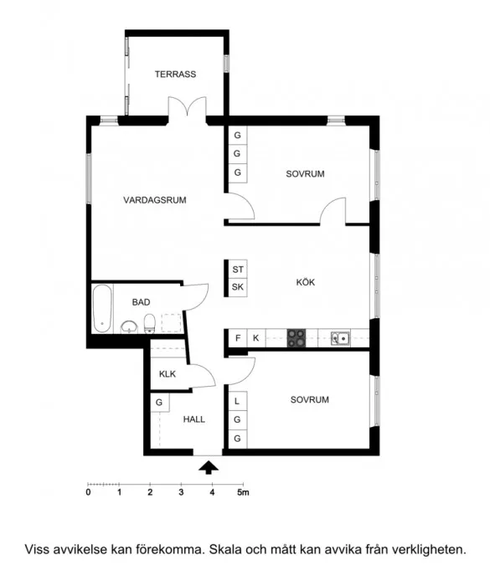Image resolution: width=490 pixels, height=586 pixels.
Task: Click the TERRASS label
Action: (175, 74)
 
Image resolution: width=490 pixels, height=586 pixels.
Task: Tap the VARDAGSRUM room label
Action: (155, 200)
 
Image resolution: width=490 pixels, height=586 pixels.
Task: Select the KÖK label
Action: (306, 282)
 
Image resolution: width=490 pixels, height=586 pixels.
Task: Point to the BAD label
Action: (141, 302)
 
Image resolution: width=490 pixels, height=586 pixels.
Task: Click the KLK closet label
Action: (168, 374)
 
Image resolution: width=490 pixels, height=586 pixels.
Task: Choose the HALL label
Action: (194, 419)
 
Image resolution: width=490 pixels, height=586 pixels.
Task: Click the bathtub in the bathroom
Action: (102, 309)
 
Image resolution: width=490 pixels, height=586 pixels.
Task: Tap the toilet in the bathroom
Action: (150, 323)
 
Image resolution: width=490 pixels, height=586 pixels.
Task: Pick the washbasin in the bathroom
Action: (129, 327)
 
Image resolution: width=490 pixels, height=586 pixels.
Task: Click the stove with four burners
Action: (297, 338)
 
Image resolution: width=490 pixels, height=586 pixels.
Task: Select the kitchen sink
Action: (340, 338)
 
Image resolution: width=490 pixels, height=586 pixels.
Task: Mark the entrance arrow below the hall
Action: (209, 467)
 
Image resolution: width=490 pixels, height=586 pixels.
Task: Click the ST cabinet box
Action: (238, 269)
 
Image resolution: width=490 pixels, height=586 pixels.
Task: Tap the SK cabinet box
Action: (238, 287)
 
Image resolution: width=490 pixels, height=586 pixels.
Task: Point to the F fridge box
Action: (238, 338)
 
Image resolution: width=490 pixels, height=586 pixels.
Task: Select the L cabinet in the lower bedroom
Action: (238, 401)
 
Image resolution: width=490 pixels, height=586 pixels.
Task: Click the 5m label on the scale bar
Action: (243, 492)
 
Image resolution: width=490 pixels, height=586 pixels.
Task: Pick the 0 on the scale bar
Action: (88, 492)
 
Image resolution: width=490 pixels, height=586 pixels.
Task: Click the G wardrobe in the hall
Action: (160, 403)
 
